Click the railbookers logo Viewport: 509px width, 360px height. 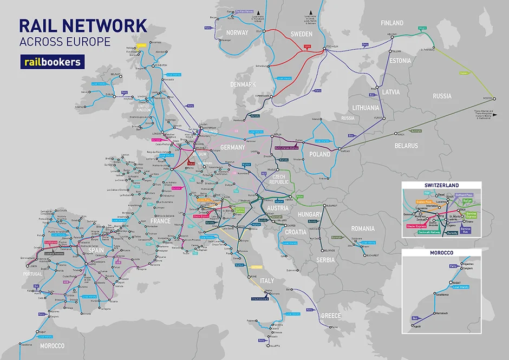(x=52, y=62)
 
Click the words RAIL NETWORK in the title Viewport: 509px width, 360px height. (x=82, y=25)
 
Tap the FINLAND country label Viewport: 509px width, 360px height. (x=392, y=23)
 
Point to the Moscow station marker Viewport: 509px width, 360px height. (x=493, y=98)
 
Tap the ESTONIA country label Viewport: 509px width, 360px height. (x=401, y=61)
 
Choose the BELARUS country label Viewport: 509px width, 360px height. (x=406, y=146)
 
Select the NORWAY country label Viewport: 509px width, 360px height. (x=237, y=32)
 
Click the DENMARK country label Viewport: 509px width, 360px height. (x=243, y=84)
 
